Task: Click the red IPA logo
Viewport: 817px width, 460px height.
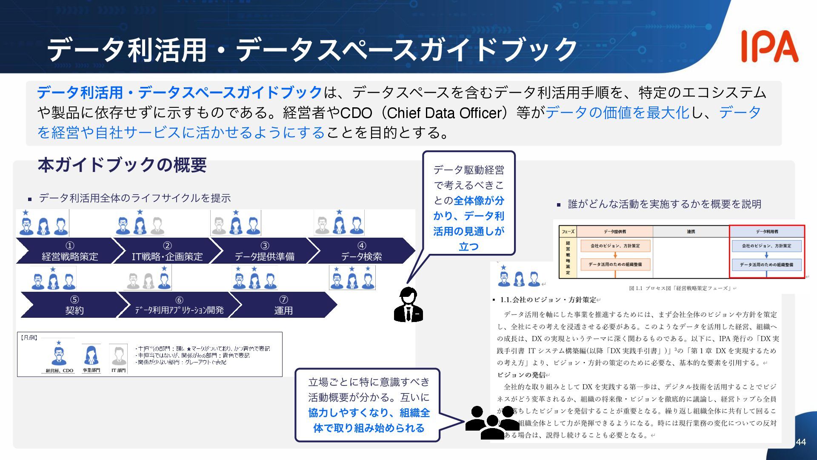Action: click(769, 46)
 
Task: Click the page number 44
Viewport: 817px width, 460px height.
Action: click(800, 442)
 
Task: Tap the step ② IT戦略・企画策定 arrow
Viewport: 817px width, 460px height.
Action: click(167, 251)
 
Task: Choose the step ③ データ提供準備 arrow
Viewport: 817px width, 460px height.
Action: click(264, 251)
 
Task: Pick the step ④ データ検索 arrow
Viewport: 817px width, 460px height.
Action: click(361, 251)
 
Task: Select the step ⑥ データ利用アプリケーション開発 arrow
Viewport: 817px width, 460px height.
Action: click(179, 305)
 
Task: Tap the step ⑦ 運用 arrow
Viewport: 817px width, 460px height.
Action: click(283, 305)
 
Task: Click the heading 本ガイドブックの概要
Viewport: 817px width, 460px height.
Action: click(122, 165)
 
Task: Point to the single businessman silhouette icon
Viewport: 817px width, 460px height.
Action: click(408, 305)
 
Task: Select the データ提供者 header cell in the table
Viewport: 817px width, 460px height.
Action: click(615, 232)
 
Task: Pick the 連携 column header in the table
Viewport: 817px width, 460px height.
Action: click(691, 232)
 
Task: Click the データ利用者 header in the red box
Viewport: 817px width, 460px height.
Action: click(767, 232)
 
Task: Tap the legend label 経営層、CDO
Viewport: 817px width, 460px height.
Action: click(60, 371)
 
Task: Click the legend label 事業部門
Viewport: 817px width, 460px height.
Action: click(91, 371)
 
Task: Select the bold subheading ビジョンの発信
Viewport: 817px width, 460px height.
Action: click(521, 375)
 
